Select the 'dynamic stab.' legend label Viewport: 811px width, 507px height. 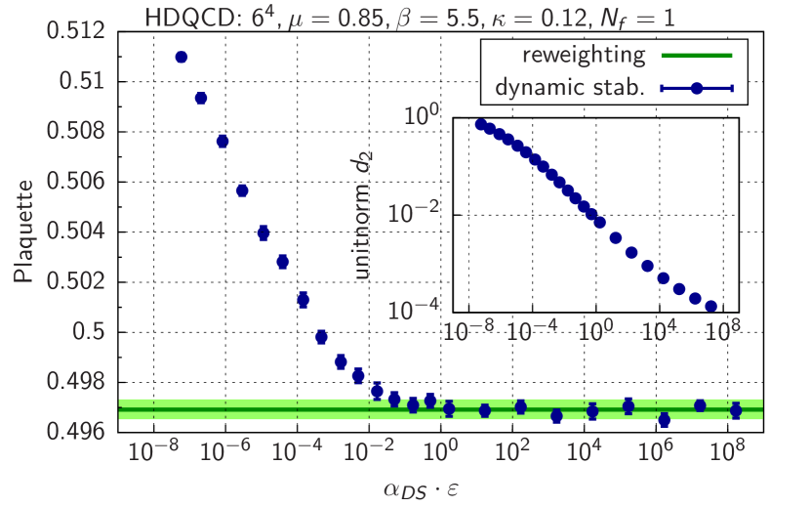(x=570, y=88)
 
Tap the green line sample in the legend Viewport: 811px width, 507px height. (x=696, y=56)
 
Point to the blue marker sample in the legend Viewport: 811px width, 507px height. (x=696, y=88)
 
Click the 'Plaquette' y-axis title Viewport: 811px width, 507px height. (x=24, y=232)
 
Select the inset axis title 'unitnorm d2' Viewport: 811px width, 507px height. (x=363, y=215)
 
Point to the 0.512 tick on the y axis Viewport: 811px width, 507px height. (x=75, y=30)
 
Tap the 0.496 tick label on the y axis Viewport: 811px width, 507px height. (x=75, y=431)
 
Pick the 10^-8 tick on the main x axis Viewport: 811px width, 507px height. (x=151, y=451)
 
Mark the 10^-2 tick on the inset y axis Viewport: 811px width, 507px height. (x=417, y=214)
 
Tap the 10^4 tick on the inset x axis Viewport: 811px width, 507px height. (x=660, y=331)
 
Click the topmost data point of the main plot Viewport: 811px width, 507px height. (x=181, y=58)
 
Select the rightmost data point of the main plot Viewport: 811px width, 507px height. (x=736, y=410)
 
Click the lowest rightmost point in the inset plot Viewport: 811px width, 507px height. (x=710, y=307)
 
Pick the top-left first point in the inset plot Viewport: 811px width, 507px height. (x=480, y=124)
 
